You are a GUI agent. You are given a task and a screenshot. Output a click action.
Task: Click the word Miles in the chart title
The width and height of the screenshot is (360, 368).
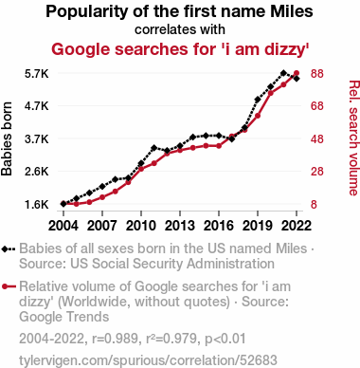tap(292, 11)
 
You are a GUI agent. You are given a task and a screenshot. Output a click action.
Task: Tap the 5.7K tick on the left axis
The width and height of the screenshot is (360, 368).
tap(37, 74)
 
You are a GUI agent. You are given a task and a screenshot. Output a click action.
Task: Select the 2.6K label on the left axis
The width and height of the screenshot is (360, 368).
tap(37, 172)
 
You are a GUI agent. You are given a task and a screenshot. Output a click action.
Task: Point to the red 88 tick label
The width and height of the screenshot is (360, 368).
tap(317, 74)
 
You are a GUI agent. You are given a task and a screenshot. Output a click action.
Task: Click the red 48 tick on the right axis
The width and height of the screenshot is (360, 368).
tap(317, 139)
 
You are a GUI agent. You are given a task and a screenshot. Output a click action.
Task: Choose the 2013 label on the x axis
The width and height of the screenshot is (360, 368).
tap(180, 226)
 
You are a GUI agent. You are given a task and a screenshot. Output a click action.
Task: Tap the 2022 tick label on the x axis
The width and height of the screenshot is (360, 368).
tap(297, 226)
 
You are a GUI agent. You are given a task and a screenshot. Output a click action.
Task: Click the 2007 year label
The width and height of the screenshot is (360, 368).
tap(102, 226)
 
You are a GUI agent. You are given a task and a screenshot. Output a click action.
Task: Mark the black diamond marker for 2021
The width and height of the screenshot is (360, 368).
tap(283, 73)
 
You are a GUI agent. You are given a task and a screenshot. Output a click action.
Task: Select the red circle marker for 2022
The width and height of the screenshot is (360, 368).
tap(297, 73)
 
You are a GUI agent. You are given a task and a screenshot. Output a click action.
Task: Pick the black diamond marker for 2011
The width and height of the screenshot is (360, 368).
tap(153, 148)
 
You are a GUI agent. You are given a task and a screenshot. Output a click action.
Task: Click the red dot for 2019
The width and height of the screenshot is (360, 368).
tap(258, 116)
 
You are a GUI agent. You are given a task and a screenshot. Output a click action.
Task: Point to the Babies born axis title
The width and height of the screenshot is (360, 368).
tap(7, 139)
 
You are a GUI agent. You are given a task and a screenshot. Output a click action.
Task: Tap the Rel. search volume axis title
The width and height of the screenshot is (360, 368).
tap(354, 138)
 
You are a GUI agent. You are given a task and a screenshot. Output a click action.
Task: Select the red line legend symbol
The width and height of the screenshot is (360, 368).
tap(9, 286)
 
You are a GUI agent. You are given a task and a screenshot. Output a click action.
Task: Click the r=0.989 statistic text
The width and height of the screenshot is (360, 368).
tap(116, 339)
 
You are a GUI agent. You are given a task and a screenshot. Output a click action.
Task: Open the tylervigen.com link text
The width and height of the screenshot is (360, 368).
tap(148, 360)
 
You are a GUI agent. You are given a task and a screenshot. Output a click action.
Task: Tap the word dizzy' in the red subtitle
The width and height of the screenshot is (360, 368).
tap(286, 49)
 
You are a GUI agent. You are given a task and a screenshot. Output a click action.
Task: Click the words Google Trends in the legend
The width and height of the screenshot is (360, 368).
tap(64, 317)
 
